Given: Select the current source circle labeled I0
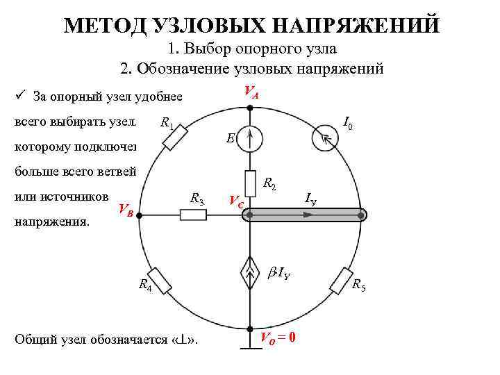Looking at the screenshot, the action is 324,137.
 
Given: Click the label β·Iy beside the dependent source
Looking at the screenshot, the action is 278,272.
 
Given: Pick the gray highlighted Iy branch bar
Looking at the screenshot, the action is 306,215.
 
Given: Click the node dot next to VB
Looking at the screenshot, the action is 139,215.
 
